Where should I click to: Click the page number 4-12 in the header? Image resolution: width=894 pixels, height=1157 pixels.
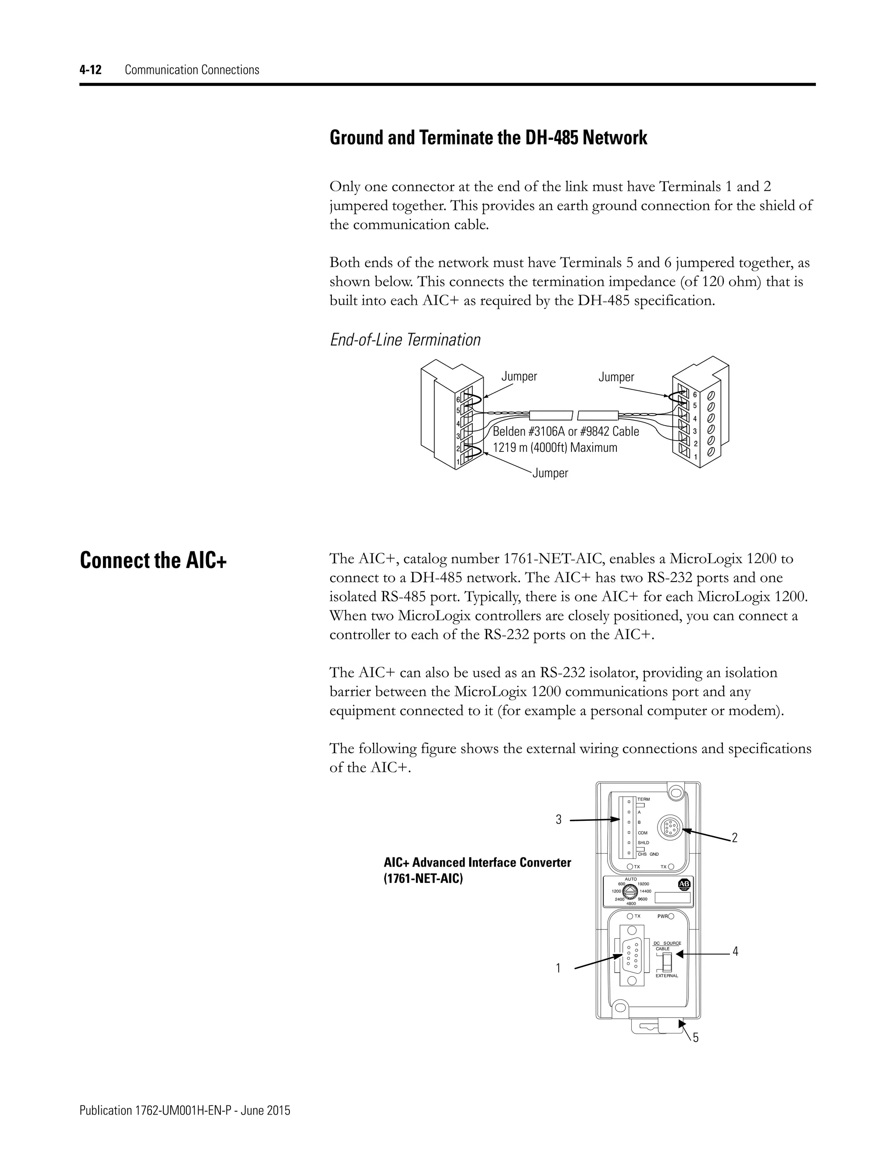pos(90,70)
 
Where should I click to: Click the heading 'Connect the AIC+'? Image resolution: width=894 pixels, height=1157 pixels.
pos(153,561)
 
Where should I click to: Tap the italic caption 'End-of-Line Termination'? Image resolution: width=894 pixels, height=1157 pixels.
pos(405,340)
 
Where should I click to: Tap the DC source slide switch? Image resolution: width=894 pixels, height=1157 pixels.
pos(668,959)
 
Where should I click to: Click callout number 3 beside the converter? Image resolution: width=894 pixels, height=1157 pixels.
pos(558,820)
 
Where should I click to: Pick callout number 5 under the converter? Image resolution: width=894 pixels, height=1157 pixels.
pos(695,1038)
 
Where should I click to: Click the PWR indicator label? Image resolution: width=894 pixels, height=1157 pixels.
pos(661,916)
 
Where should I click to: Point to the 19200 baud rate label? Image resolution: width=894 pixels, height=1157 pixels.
pos(643,884)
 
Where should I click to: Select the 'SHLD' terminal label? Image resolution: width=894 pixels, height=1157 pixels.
pos(643,842)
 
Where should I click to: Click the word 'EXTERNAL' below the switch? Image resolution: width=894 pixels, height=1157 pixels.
pos(666,975)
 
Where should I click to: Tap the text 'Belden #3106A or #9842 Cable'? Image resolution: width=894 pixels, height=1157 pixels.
pos(566,432)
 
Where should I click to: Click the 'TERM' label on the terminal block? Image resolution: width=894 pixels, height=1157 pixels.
pos(643,799)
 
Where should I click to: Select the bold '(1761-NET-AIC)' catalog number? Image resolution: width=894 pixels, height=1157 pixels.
pos(423,879)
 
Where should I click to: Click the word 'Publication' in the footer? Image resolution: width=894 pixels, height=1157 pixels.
pos(103,1111)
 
